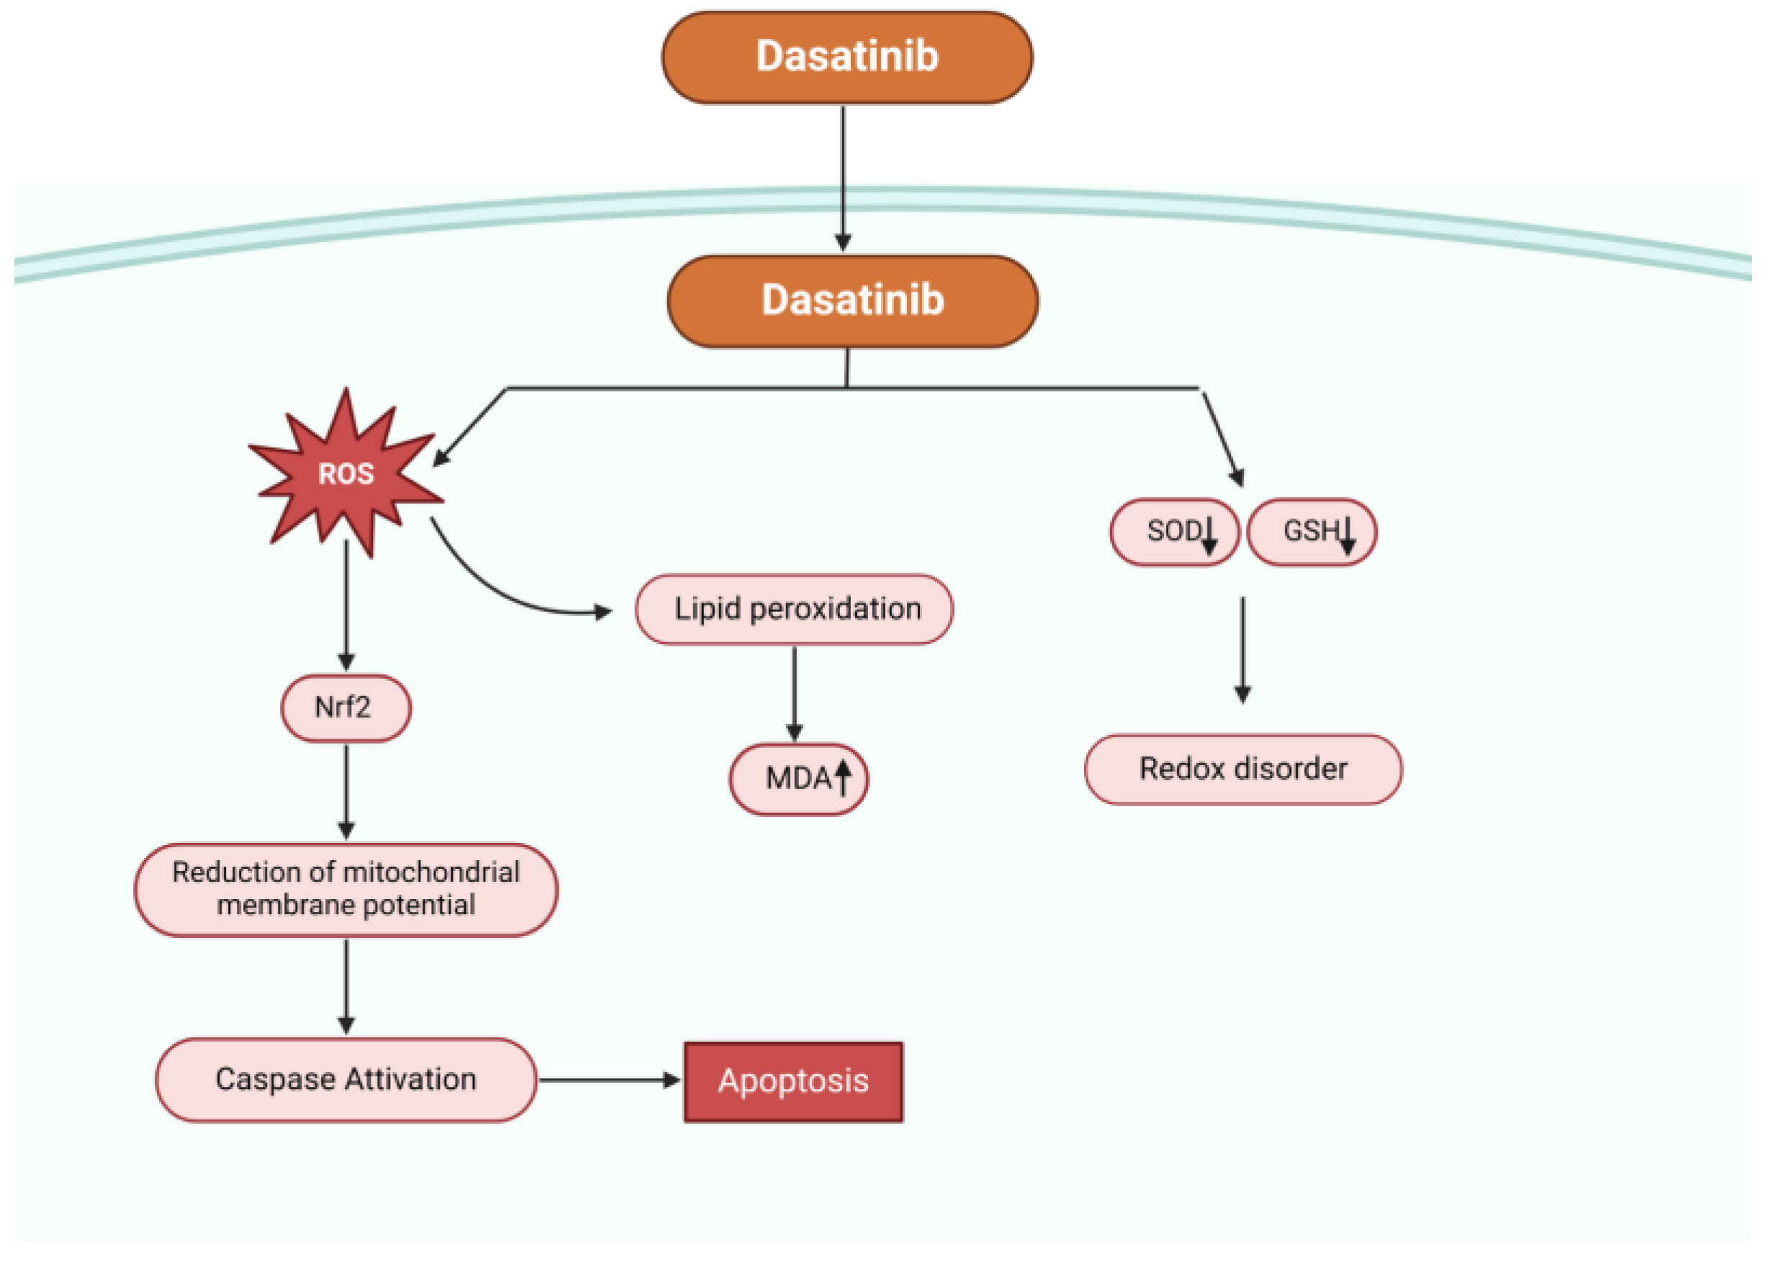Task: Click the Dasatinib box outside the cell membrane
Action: pyautogui.click(x=847, y=57)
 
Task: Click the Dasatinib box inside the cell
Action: pyautogui.click(x=852, y=300)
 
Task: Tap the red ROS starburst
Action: pyautogui.click(x=346, y=473)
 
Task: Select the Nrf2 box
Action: pyautogui.click(x=346, y=708)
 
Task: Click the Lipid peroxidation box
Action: pyautogui.click(x=794, y=609)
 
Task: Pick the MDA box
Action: pyautogui.click(x=798, y=778)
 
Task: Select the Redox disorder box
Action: pyautogui.click(x=1243, y=769)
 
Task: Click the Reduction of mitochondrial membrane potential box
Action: pyautogui.click(x=346, y=889)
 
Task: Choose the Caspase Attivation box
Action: pyautogui.click(x=346, y=1080)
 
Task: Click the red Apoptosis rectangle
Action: pyautogui.click(x=793, y=1081)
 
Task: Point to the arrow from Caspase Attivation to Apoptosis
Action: pyautogui.click(x=607, y=1080)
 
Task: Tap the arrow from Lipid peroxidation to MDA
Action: pyautogui.click(x=794, y=692)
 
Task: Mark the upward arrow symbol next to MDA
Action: pyautogui.click(x=843, y=777)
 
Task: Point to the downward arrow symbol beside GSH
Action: pyautogui.click(x=1347, y=536)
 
